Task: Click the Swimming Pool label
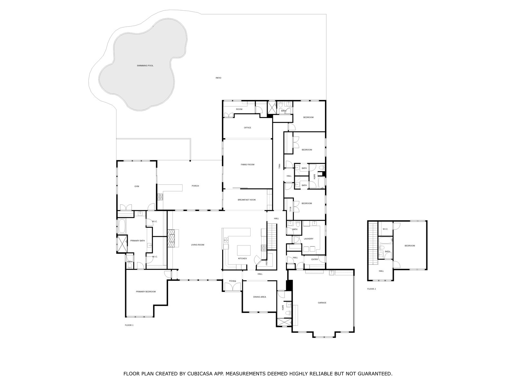tap(145, 65)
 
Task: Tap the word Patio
tap(218, 78)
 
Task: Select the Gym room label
tap(137, 186)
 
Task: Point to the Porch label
tap(195, 186)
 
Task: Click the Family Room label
tap(248, 164)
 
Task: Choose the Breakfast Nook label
tap(247, 200)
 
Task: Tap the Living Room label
tap(197, 244)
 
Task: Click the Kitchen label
tap(243, 258)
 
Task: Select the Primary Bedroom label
tap(146, 292)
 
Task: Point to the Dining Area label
tap(260, 297)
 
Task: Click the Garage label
tap(322, 303)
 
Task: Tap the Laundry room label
tap(308, 239)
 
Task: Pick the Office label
tap(247, 128)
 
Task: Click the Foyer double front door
tap(233, 287)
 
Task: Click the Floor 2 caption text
tap(372, 289)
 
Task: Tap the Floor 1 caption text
tap(129, 325)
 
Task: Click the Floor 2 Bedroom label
tap(410, 245)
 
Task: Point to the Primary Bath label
tap(137, 241)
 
